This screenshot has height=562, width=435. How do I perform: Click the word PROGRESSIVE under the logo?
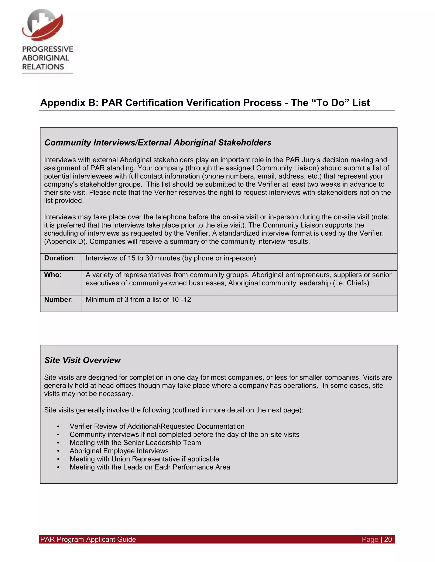[x=48, y=49]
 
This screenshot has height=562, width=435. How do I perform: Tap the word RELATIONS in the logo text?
[x=43, y=67]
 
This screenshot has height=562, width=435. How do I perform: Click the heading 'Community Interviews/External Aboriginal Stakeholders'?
[x=158, y=143]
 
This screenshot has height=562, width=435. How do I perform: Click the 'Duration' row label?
[x=59, y=258]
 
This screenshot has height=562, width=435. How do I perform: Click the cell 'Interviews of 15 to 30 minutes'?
[x=171, y=258]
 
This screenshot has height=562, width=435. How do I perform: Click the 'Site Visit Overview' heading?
[x=82, y=360]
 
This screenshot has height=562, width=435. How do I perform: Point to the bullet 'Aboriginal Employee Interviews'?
[x=119, y=451]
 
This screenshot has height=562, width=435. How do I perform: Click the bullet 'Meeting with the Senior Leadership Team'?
[x=135, y=443]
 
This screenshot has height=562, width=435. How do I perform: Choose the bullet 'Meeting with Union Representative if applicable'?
[x=144, y=459]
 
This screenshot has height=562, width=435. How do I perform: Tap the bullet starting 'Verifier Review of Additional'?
[x=157, y=426]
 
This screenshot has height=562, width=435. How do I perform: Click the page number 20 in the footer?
[x=388, y=539]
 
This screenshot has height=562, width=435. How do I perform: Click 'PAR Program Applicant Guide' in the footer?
[x=88, y=539]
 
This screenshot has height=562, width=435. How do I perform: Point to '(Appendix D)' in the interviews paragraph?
[x=64, y=242]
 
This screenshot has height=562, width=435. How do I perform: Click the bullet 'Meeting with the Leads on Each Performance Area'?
[x=150, y=467]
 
